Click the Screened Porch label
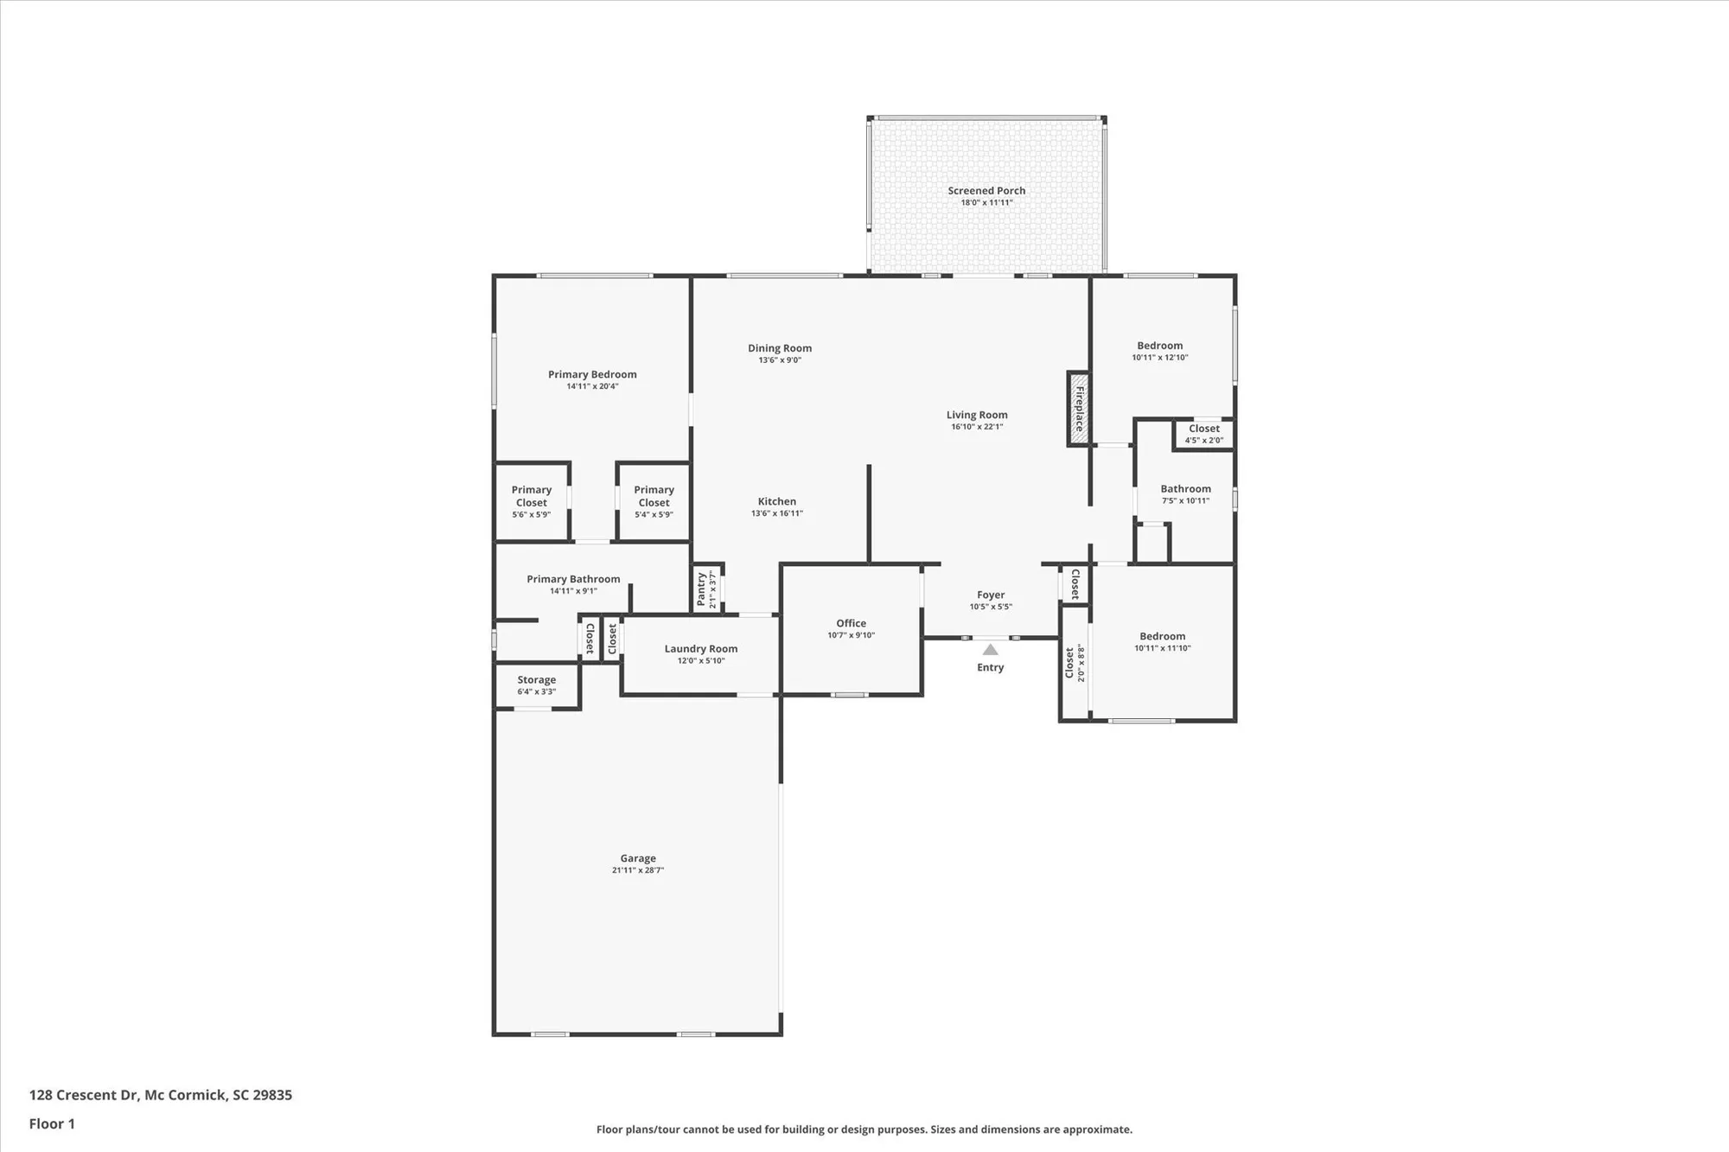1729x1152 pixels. click(986, 191)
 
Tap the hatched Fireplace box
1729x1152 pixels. click(1078, 409)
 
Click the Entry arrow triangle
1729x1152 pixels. click(991, 650)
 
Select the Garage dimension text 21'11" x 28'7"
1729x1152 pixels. click(638, 870)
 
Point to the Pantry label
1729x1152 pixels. click(701, 589)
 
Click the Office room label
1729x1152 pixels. click(851, 623)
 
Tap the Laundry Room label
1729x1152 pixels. click(700, 649)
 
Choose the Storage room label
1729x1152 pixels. click(536, 680)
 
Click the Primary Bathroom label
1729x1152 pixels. click(573, 579)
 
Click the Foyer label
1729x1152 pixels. click(991, 595)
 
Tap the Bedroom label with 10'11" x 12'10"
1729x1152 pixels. click(1159, 346)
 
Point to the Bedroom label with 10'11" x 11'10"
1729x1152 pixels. click(1162, 636)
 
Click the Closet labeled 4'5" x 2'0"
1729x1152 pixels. click(1203, 429)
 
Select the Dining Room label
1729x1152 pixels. click(780, 348)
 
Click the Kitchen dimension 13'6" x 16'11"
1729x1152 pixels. click(776, 513)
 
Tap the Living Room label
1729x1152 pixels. click(977, 415)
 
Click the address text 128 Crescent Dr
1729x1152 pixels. click(84, 1095)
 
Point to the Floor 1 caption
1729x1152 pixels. click(52, 1123)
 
